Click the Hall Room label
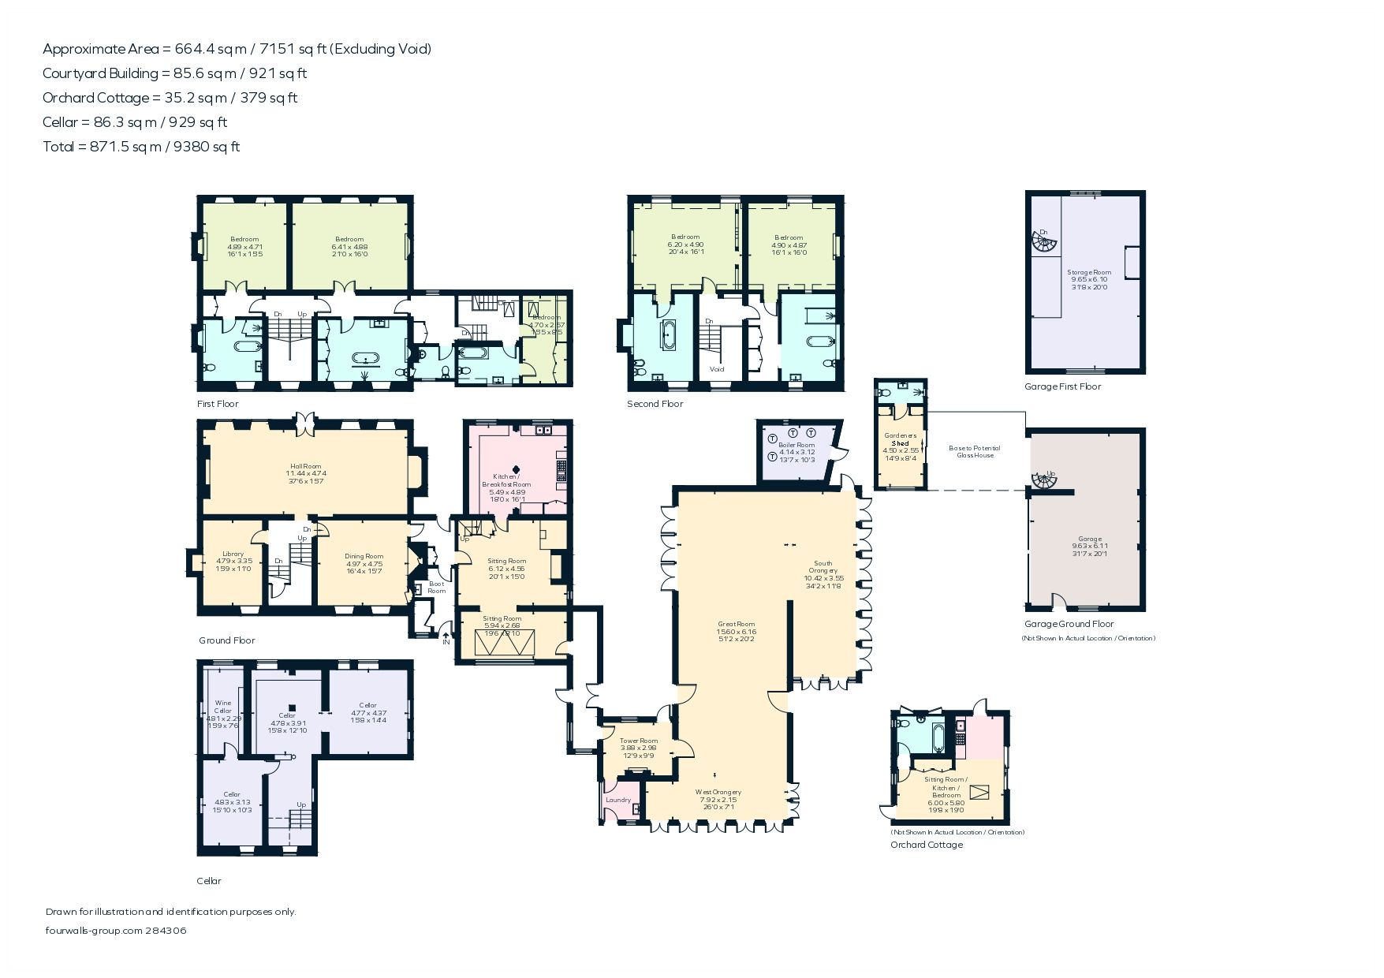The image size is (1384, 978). [306, 473]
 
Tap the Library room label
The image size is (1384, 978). [233, 561]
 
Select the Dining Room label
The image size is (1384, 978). [364, 564]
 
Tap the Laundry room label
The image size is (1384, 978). [618, 800]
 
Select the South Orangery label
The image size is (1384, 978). [823, 574]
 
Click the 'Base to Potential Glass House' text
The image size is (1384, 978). [975, 451]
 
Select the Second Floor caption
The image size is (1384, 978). [655, 404]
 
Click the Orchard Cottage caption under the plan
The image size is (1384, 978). [927, 845]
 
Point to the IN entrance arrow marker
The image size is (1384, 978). [446, 638]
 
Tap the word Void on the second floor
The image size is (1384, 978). [717, 369]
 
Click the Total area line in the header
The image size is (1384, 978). [141, 147]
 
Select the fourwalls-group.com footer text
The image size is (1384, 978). [116, 931]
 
